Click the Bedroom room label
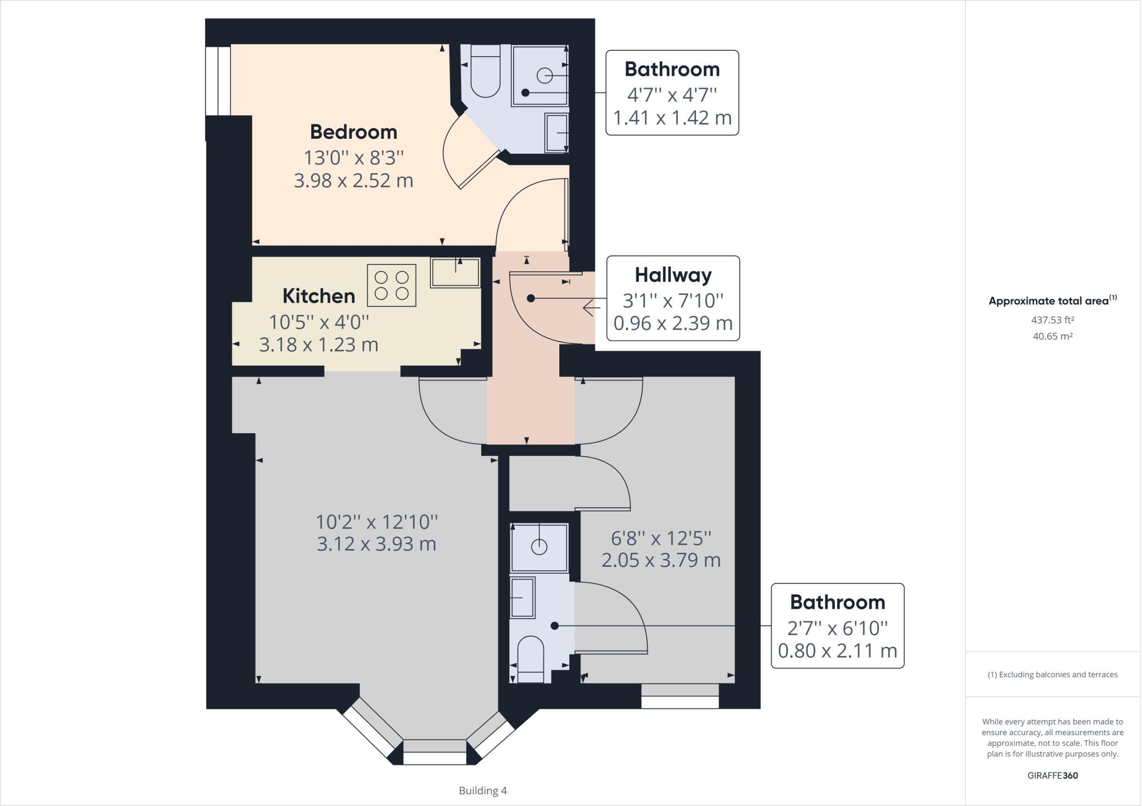click(x=354, y=132)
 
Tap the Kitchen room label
click(x=318, y=296)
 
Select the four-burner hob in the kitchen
click(x=391, y=285)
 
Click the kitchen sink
click(x=455, y=273)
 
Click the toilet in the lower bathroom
click(x=530, y=659)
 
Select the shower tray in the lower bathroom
click(x=539, y=547)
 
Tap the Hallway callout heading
click(x=673, y=275)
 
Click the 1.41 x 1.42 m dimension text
click(x=672, y=118)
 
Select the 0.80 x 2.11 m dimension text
click(x=837, y=650)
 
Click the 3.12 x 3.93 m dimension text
click(x=376, y=543)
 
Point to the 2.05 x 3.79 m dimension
click(x=661, y=560)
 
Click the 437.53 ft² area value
click(x=1052, y=320)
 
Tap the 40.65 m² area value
click(x=1052, y=336)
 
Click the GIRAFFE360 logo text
click(x=1052, y=775)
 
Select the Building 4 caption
click(x=482, y=790)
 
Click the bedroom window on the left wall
click(x=218, y=81)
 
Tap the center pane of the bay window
click(x=434, y=752)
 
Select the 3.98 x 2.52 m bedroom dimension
click(x=354, y=181)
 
